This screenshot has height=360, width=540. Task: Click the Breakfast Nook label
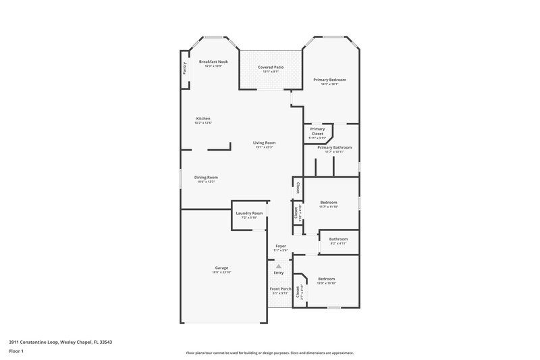(x=213, y=61)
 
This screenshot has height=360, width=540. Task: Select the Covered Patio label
(x=271, y=68)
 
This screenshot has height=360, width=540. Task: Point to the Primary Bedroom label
(x=329, y=80)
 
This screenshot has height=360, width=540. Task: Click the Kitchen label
(x=203, y=118)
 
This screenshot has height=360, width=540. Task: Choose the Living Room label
(x=265, y=143)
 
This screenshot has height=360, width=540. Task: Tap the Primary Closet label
(x=317, y=131)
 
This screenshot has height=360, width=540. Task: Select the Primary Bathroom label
(x=334, y=147)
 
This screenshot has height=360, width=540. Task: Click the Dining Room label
(x=207, y=177)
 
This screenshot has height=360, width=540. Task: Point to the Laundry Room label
(x=249, y=213)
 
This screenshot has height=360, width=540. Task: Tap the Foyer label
(x=280, y=246)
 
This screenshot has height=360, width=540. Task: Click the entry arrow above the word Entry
(x=278, y=266)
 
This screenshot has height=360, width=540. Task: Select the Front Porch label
(x=280, y=288)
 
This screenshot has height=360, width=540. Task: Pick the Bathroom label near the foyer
(x=338, y=238)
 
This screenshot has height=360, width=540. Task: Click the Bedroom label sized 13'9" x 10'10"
(x=327, y=278)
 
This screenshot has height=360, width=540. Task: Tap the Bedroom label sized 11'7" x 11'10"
(x=329, y=203)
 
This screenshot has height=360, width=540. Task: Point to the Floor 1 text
(x=16, y=351)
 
